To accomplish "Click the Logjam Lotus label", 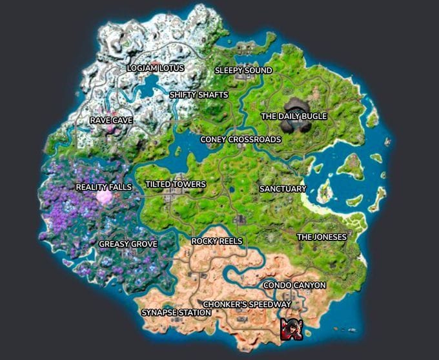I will click(x=156, y=68).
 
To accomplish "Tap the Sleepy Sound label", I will click(x=243, y=70).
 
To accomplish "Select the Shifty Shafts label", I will click(x=199, y=95).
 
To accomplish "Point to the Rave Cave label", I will click(x=111, y=120).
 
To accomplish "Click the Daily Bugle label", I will click(x=294, y=116).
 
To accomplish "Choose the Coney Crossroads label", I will click(x=240, y=139).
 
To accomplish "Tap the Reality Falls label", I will click(x=103, y=187).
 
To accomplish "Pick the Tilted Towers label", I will click(x=176, y=184).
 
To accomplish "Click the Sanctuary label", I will click(x=282, y=189).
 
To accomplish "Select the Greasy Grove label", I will click(x=128, y=244).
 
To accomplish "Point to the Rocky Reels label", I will click(x=217, y=241).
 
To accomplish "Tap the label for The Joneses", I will click(x=322, y=237).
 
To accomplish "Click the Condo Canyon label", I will click(x=294, y=285).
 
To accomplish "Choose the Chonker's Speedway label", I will click(x=247, y=304).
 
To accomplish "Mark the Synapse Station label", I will click(x=176, y=313).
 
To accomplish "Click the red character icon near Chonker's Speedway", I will click(x=291, y=329).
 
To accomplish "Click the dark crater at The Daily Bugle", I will click(x=298, y=107).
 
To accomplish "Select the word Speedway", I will click(x=271, y=304).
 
